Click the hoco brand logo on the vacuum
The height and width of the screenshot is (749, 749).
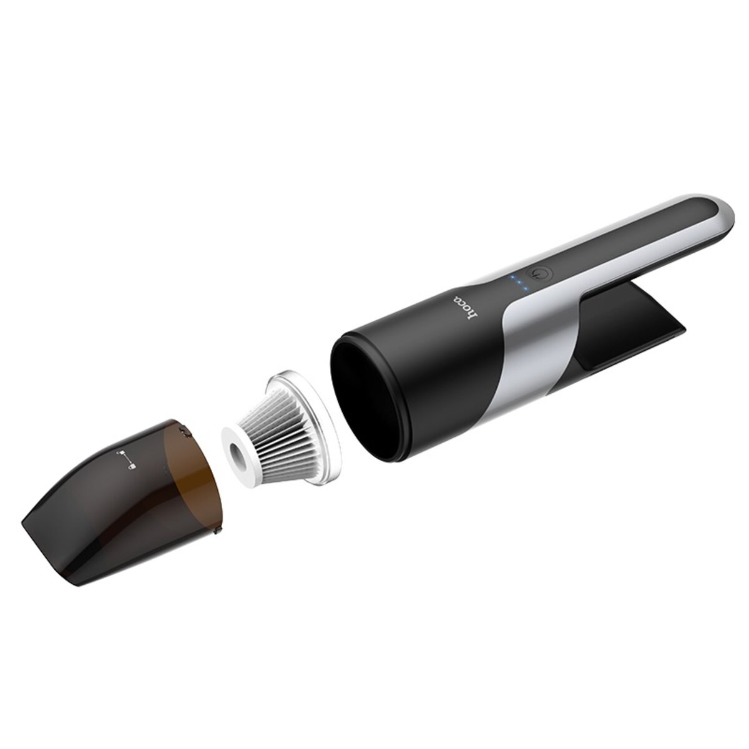[467, 308]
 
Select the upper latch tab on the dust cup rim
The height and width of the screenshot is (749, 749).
[184, 429]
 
